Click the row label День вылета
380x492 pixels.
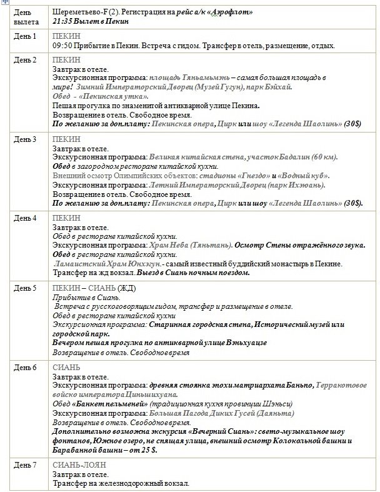[24, 17]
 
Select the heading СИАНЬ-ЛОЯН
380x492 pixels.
[80, 465]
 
